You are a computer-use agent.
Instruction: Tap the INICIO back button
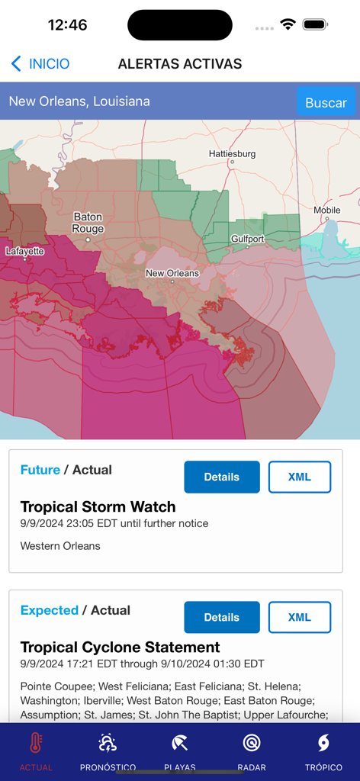click(40, 64)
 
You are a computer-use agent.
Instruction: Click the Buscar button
click(326, 102)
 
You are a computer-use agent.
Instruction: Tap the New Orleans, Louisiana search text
click(79, 101)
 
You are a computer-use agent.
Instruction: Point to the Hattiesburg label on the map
click(232, 154)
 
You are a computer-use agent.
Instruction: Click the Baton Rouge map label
click(88, 223)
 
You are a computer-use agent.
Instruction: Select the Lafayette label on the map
click(24, 251)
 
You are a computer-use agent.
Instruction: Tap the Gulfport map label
click(248, 239)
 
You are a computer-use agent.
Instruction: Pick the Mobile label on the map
click(326, 210)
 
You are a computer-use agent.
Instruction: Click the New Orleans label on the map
click(172, 273)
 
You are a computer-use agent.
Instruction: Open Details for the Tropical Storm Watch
click(222, 477)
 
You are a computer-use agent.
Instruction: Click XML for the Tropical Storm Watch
click(299, 477)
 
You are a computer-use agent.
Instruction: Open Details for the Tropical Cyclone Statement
click(222, 617)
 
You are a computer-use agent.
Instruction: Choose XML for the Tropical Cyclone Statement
click(299, 617)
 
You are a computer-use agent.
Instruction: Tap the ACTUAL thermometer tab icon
click(36, 743)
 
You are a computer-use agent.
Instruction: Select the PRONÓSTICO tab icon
click(108, 743)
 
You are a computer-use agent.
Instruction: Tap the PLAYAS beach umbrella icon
click(180, 743)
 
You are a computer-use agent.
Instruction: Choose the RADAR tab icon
click(252, 743)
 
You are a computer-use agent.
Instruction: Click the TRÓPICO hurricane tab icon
click(323, 743)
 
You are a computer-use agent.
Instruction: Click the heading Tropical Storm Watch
click(98, 506)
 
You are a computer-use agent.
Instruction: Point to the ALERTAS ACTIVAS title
click(180, 64)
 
